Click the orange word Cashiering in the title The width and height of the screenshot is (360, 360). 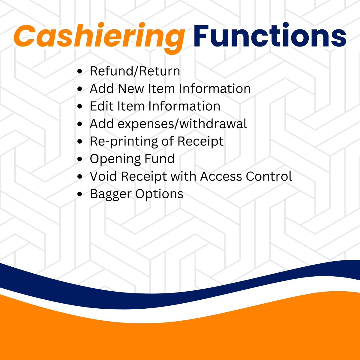point(99,38)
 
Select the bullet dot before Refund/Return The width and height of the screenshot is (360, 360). point(80,71)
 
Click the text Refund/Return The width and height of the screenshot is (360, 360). point(135,71)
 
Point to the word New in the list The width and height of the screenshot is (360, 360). point(131,88)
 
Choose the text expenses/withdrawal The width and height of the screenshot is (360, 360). point(182,124)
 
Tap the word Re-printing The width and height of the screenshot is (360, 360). point(124,141)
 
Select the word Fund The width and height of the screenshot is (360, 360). point(159,159)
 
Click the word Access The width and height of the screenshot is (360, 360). point(221,176)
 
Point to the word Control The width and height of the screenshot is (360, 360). point(269,176)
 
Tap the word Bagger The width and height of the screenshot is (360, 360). point(111,194)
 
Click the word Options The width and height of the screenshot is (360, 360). point(159,194)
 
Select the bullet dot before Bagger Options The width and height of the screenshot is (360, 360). point(80,194)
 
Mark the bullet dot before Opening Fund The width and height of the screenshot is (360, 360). point(80,159)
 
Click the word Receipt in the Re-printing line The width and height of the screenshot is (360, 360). point(200,141)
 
